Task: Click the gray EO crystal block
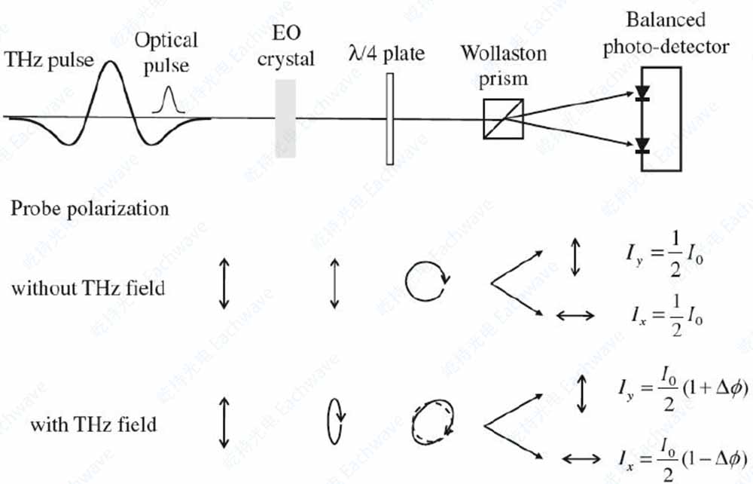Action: click(x=285, y=119)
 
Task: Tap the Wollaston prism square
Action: click(x=501, y=119)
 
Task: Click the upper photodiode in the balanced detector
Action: click(x=642, y=94)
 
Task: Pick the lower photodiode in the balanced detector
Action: click(x=642, y=145)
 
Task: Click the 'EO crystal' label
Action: click(x=285, y=47)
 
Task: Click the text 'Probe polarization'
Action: click(x=90, y=208)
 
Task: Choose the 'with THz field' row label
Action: click(x=93, y=424)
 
